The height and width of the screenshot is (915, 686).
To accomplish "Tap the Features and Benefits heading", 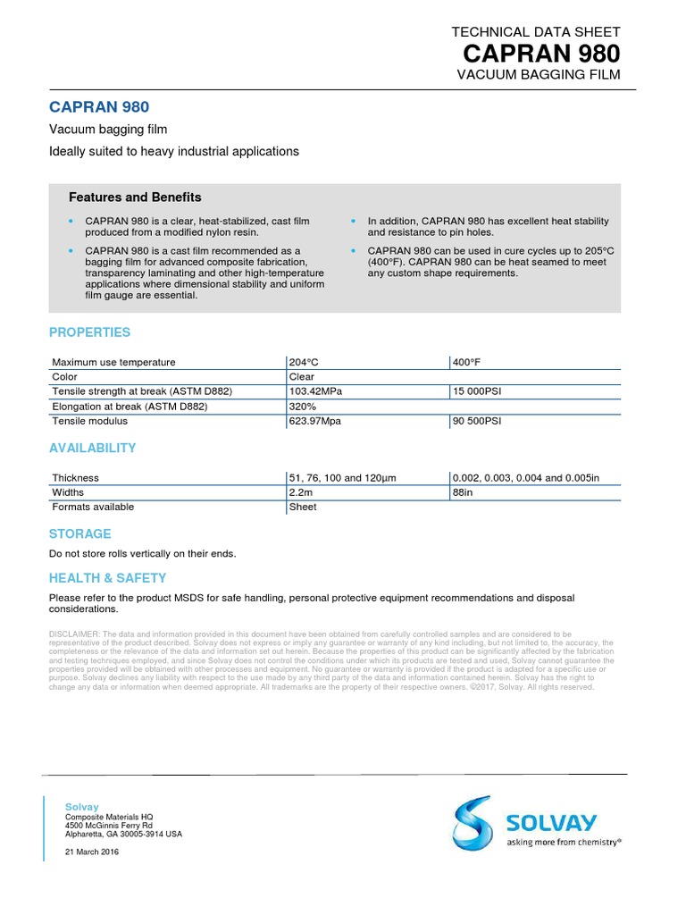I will (135, 197).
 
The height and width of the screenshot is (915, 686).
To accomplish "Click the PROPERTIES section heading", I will (89, 332).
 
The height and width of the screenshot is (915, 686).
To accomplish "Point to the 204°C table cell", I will (303, 362).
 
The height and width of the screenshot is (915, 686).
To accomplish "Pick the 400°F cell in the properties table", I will (467, 362).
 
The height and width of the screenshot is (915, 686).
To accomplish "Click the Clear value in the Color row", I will (301, 376).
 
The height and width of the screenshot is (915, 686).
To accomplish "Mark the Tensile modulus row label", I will (89, 421).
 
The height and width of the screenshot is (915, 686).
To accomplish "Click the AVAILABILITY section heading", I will (92, 448).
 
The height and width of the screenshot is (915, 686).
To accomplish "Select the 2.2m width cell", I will (298, 492).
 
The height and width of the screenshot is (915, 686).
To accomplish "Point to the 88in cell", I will (463, 492).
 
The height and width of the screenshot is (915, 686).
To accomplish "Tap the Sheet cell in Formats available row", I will (302, 507).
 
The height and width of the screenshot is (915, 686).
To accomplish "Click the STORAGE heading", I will (79, 533).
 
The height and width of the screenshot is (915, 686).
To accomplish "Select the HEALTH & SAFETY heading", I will (107, 578).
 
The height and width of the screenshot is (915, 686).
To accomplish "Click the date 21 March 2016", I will (91, 852).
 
